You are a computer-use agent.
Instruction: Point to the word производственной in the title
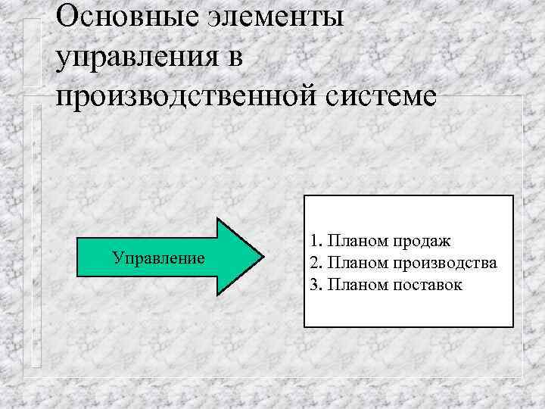click(190, 98)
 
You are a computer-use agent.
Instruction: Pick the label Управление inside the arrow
click(158, 258)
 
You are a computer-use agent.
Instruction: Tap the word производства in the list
click(445, 263)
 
